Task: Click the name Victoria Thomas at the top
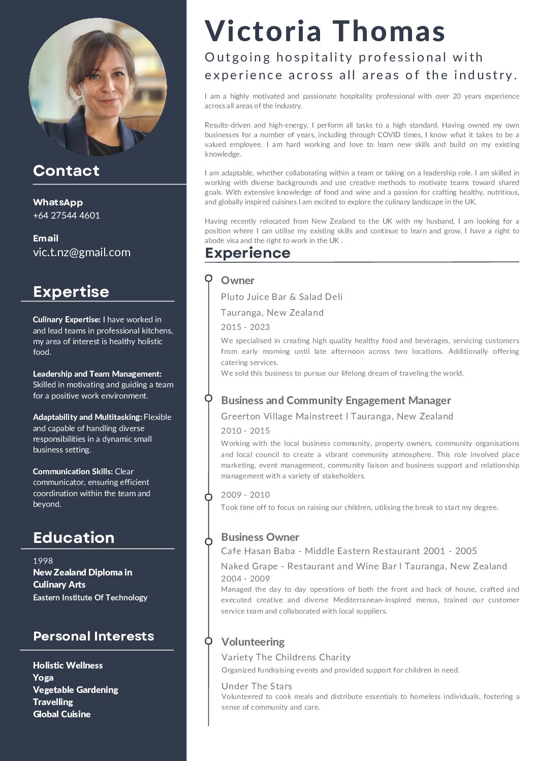click(x=325, y=31)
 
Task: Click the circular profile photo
click(x=98, y=87)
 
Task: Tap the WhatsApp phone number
click(x=67, y=215)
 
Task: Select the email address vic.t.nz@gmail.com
click(x=82, y=252)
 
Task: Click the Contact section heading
click(x=66, y=171)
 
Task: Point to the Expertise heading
click(x=71, y=291)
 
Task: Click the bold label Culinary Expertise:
click(x=67, y=319)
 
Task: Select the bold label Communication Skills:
click(x=73, y=471)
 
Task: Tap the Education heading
click(x=74, y=537)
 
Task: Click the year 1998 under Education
click(x=43, y=561)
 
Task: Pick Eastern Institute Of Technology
click(x=90, y=597)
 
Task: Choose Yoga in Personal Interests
click(x=43, y=677)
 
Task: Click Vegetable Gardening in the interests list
click(x=75, y=689)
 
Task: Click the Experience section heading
click(x=247, y=253)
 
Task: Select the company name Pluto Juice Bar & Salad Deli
click(x=282, y=296)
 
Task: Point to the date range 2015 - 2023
click(x=245, y=327)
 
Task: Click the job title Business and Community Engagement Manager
click(x=336, y=400)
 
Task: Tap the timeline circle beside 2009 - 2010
click(x=208, y=497)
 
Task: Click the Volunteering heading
click(x=253, y=642)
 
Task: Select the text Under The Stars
click(x=257, y=686)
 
